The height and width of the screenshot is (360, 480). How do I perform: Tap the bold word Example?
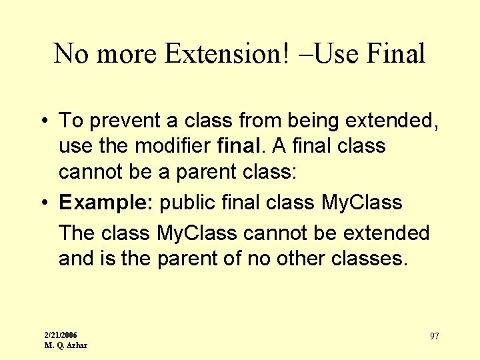[107, 203]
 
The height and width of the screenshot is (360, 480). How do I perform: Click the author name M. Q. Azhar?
[66, 345]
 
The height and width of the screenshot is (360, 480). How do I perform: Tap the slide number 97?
[434, 336]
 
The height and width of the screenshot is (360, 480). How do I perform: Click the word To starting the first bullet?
[70, 121]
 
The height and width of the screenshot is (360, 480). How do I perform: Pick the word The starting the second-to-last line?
[77, 233]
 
